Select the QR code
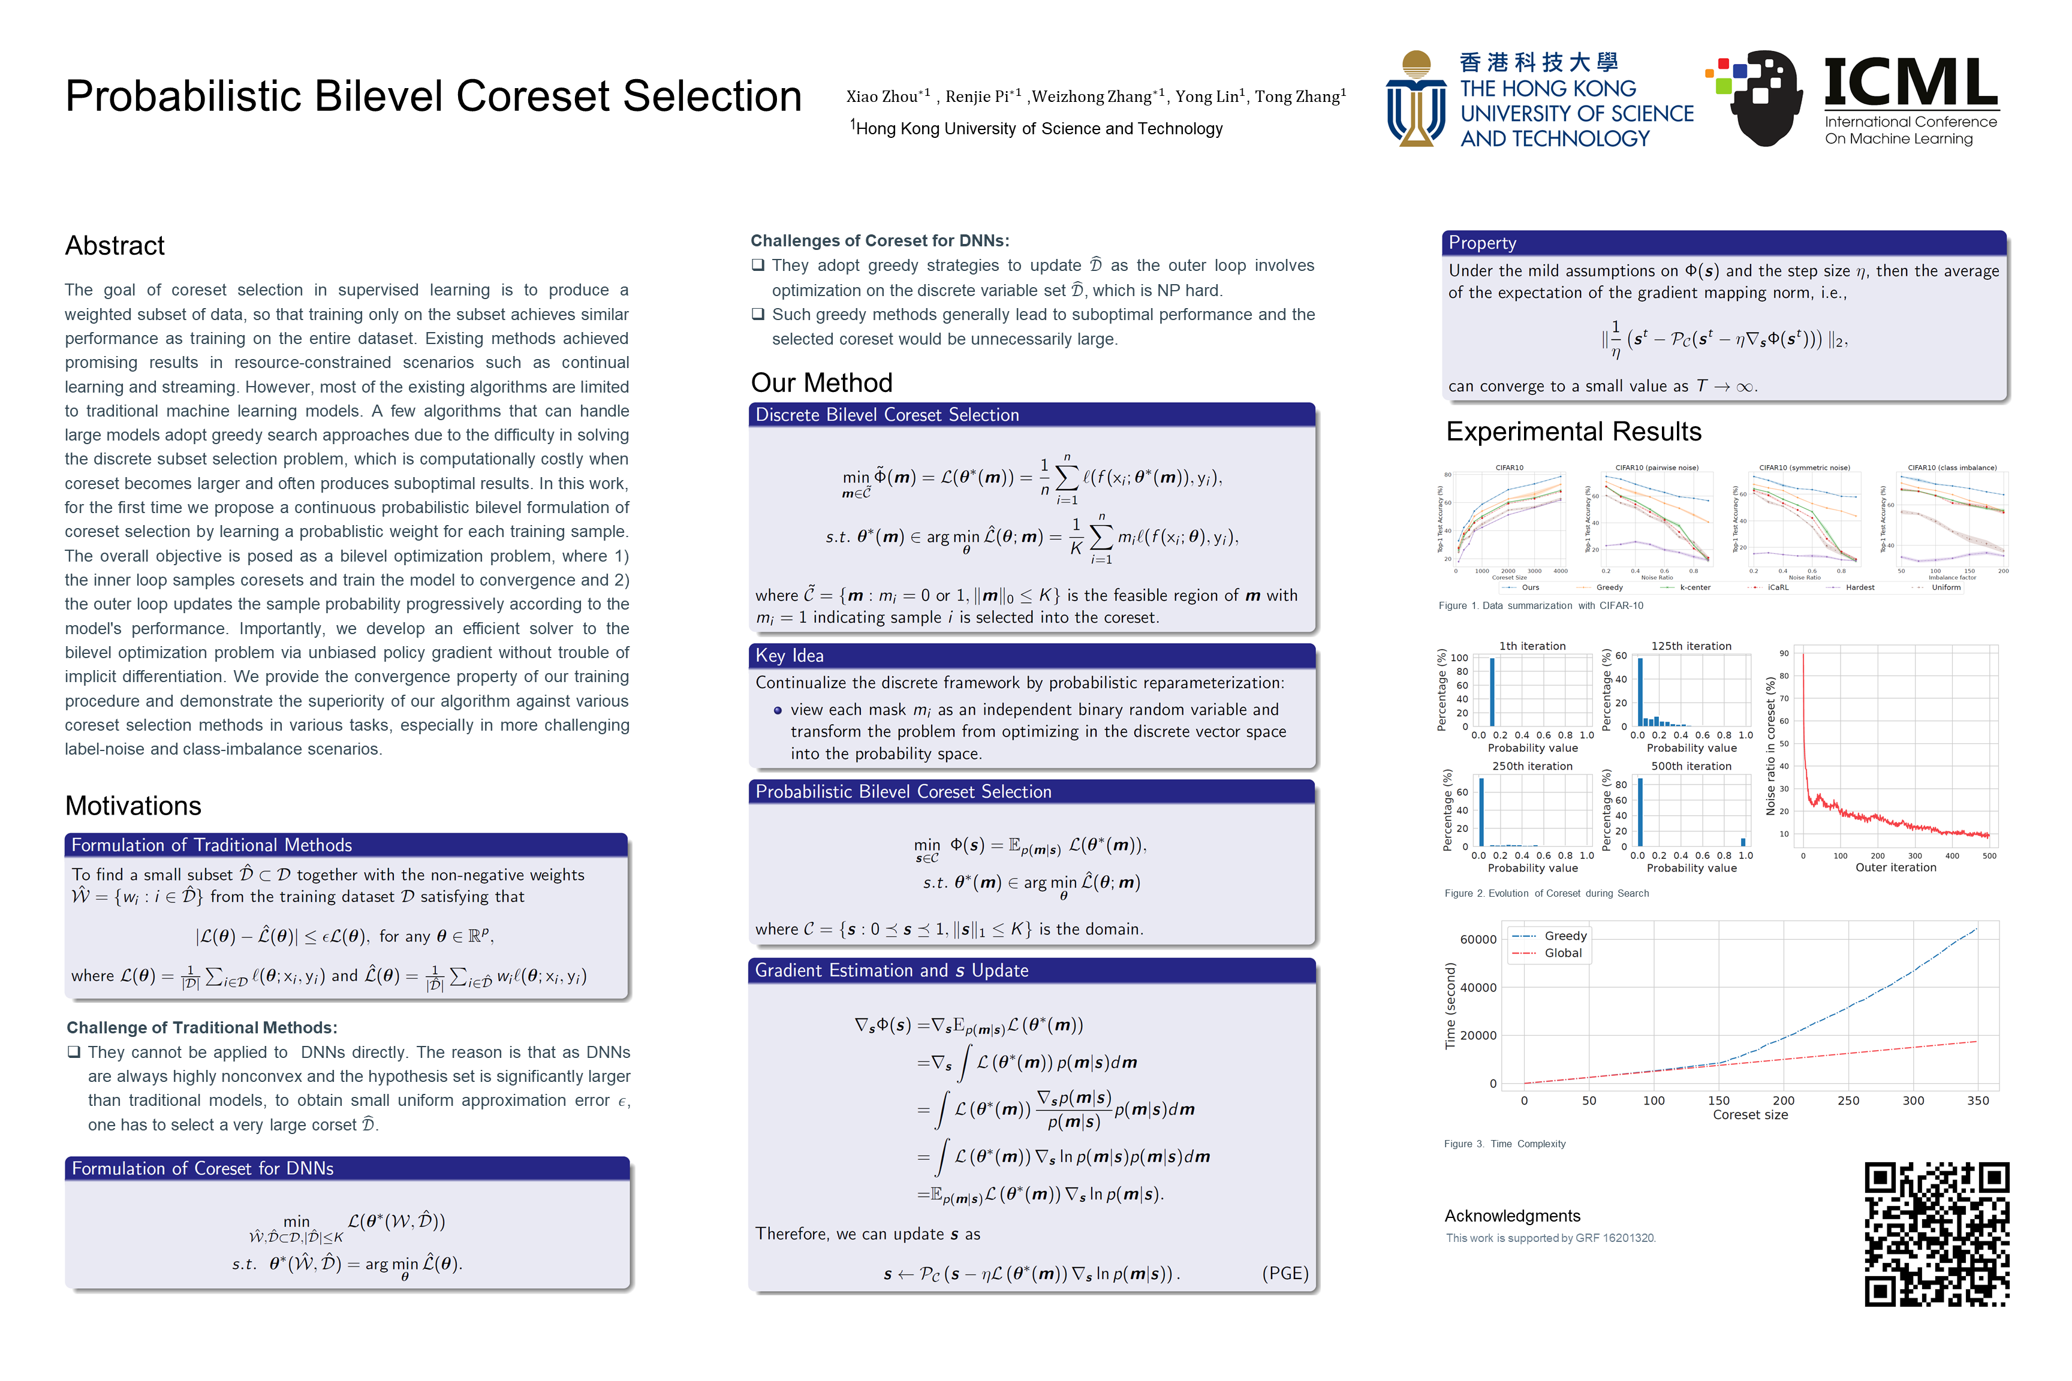point(1937,1233)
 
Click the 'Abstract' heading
point(115,246)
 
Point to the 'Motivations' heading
point(133,806)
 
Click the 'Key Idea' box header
point(790,655)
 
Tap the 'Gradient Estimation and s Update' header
point(892,970)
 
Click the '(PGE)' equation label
point(1284,1274)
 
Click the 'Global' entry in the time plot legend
point(1563,953)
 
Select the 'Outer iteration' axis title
point(1896,867)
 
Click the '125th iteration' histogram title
point(1691,646)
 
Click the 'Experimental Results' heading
point(1573,432)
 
